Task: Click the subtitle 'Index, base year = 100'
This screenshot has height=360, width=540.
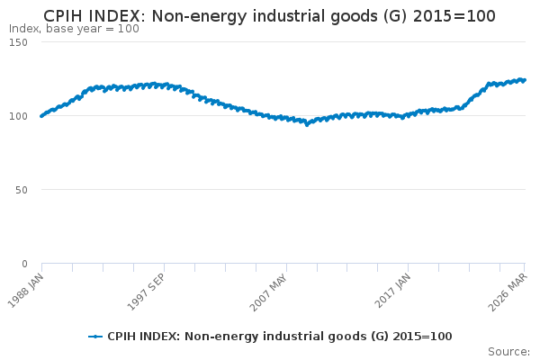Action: click(x=74, y=29)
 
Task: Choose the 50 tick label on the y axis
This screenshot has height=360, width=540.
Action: click(x=31, y=190)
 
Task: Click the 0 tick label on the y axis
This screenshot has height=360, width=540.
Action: click(x=35, y=264)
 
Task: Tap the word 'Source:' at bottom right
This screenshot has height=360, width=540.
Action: click(x=508, y=351)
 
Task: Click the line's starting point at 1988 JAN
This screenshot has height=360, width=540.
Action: click(x=41, y=116)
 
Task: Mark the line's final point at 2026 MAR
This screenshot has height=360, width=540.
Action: click(x=525, y=80)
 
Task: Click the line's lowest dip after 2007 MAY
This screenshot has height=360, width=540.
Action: click(x=307, y=124)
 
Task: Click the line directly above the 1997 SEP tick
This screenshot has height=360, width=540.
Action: click(x=164, y=85)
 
